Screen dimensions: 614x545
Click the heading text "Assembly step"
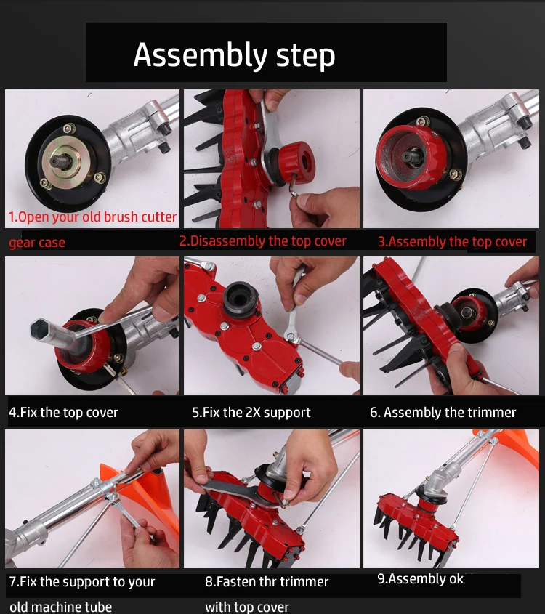[x=234, y=55]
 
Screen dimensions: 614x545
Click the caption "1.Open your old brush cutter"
[x=92, y=217]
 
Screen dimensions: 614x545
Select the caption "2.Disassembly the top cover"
[x=263, y=241]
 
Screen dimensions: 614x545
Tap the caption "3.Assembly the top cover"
[x=452, y=242]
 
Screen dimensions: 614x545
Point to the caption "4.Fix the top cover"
[x=63, y=412]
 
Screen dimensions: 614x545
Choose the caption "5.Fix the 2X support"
[x=251, y=412]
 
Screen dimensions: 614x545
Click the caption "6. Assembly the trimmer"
[x=443, y=412]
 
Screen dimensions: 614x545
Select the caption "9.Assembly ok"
[x=420, y=579]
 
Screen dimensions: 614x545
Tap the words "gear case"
[x=37, y=243]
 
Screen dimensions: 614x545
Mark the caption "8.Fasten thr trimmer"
[x=267, y=581]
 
